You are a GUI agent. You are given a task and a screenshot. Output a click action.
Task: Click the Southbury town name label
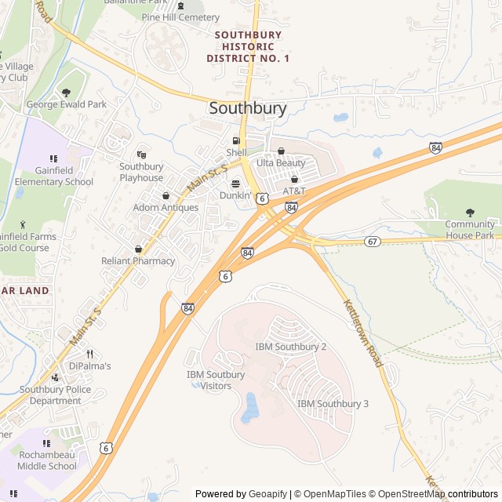click(248, 108)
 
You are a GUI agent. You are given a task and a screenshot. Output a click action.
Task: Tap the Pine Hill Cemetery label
click(180, 17)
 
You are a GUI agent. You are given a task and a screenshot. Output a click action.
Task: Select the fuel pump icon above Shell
click(235, 140)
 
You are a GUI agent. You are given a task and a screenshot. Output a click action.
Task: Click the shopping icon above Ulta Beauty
click(281, 151)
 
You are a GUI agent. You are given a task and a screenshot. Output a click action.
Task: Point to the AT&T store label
click(294, 191)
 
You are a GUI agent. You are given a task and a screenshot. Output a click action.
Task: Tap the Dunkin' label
click(235, 195)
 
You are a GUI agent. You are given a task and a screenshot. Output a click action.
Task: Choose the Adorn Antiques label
click(166, 208)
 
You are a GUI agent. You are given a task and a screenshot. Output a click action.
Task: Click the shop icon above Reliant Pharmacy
click(139, 249)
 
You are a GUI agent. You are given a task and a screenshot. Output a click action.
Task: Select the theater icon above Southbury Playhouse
click(142, 155)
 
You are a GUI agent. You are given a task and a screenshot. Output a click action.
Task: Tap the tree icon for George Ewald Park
click(66, 93)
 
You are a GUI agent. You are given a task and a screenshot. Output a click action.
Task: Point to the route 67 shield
click(373, 241)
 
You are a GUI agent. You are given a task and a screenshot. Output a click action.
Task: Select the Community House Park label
click(470, 230)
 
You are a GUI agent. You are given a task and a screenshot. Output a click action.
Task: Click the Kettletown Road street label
click(362, 333)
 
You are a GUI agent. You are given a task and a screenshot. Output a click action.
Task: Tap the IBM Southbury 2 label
click(291, 346)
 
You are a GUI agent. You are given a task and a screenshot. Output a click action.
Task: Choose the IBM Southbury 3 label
click(333, 403)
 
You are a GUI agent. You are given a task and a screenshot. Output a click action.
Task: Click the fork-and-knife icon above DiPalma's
click(89, 354)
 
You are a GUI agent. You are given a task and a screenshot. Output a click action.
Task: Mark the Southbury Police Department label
click(55, 395)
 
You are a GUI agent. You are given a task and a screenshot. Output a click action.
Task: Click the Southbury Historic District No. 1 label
click(248, 47)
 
